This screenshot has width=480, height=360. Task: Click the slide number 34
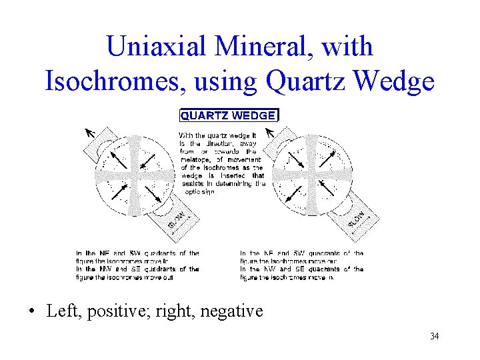pyautogui.click(x=434, y=336)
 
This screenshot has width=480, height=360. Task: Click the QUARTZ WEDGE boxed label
pyautogui.click(x=229, y=115)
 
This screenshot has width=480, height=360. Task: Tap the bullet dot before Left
pyautogui.click(x=32, y=311)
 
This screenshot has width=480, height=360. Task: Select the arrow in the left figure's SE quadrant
pyautogui.click(x=151, y=193)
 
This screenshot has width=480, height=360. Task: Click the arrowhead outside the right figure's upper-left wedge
pyautogui.click(x=268, y=132)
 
